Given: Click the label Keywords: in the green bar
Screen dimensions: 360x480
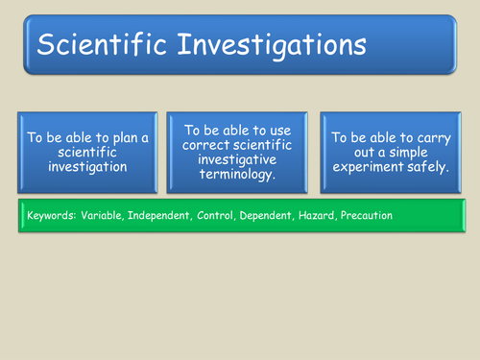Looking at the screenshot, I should pos(49,216).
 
